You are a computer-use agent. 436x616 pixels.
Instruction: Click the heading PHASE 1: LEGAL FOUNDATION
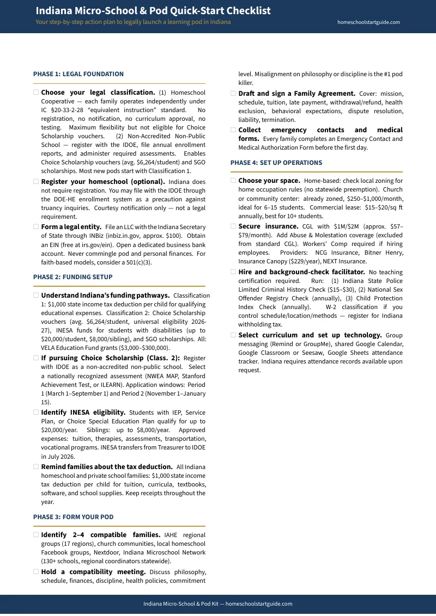pyautogui.click(x=78, y=74)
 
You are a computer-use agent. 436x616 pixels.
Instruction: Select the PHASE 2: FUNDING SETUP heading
pyautogui.click(x=73, y=277)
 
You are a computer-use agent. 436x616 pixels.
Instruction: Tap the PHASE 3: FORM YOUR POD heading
pyautogui.click(x=73, y=517)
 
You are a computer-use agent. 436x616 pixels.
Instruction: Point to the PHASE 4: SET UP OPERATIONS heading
pyautogui.click(x=276, y=163)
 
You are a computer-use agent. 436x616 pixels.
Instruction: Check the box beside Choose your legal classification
pyautogui.click(x=36, y=93)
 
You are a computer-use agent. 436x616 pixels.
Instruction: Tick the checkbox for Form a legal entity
pyautogui.click(x=36, y=226)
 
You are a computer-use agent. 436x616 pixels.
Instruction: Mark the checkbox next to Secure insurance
pyautogui.click(x=233, y=226)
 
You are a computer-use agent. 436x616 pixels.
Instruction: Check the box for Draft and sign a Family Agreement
pyautogui.click(x=233, y=94)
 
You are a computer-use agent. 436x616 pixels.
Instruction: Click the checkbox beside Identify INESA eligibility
pyautogui.click(x=36, y=412)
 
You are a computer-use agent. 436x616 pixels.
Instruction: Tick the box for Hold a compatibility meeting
pyautogui.click(x=36, y=572)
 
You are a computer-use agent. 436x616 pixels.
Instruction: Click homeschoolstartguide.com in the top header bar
pyautogui.click(x=369, y=22)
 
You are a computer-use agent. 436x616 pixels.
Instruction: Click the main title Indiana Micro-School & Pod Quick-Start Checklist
pyautogui.click(x=153, y=11)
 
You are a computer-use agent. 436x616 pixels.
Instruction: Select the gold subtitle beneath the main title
pyautogui.click(x=133, y=22)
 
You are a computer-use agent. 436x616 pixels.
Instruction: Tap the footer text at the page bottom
pyautogui.click(x=218, y=604)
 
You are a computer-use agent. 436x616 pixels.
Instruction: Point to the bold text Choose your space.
pyautogui.click(x=269, y=181)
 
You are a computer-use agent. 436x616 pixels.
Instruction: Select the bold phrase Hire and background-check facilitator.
pyautogui.click(x=301, y=272)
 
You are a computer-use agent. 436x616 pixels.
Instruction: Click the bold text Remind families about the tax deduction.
pyautogui.click(x=107, y=467)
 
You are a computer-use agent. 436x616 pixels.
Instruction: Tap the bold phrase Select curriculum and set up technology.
pyautogui.click(x=310, y=335)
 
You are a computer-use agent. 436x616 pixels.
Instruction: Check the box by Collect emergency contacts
pyautogui.click(x=233, y=130)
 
